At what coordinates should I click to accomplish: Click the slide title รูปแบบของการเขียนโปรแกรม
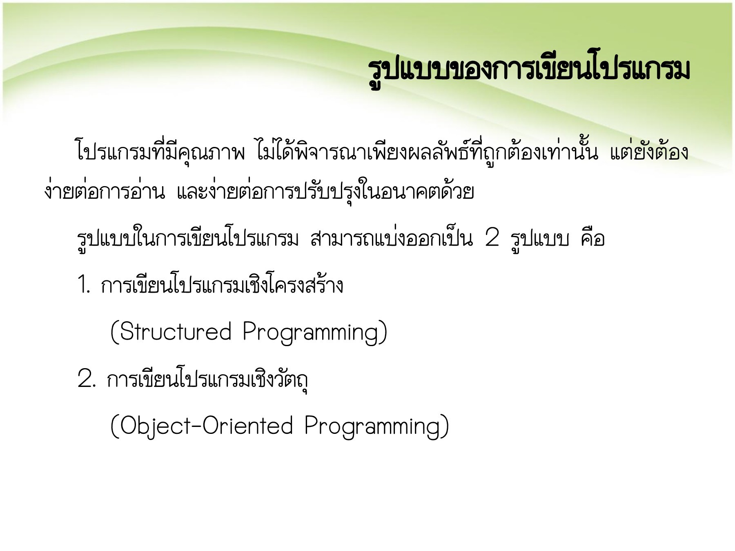pyautogui.click(x=529, y=70)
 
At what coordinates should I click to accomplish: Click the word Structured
pyautogui.click(x=176, y=331)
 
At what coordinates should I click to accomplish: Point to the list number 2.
pyautogui.click(x=86, y=379)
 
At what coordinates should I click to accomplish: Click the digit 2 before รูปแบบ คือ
pyautogui.click(x=492, y=238)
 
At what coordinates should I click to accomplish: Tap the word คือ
pyautogui.click(x=592, y=238)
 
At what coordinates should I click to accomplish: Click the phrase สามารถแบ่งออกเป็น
pyautogui.click(x=391, y=238)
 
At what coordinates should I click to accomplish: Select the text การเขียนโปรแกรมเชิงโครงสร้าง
pyautogui.click(x=222, y=285)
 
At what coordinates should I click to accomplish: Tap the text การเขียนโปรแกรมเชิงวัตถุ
pyautogui.click(x=207, y=379)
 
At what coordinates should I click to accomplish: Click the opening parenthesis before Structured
pyautogui.click(x=114, y=332)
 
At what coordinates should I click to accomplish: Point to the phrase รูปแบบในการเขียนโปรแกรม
pyautogui.click(x=188, y=238)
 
